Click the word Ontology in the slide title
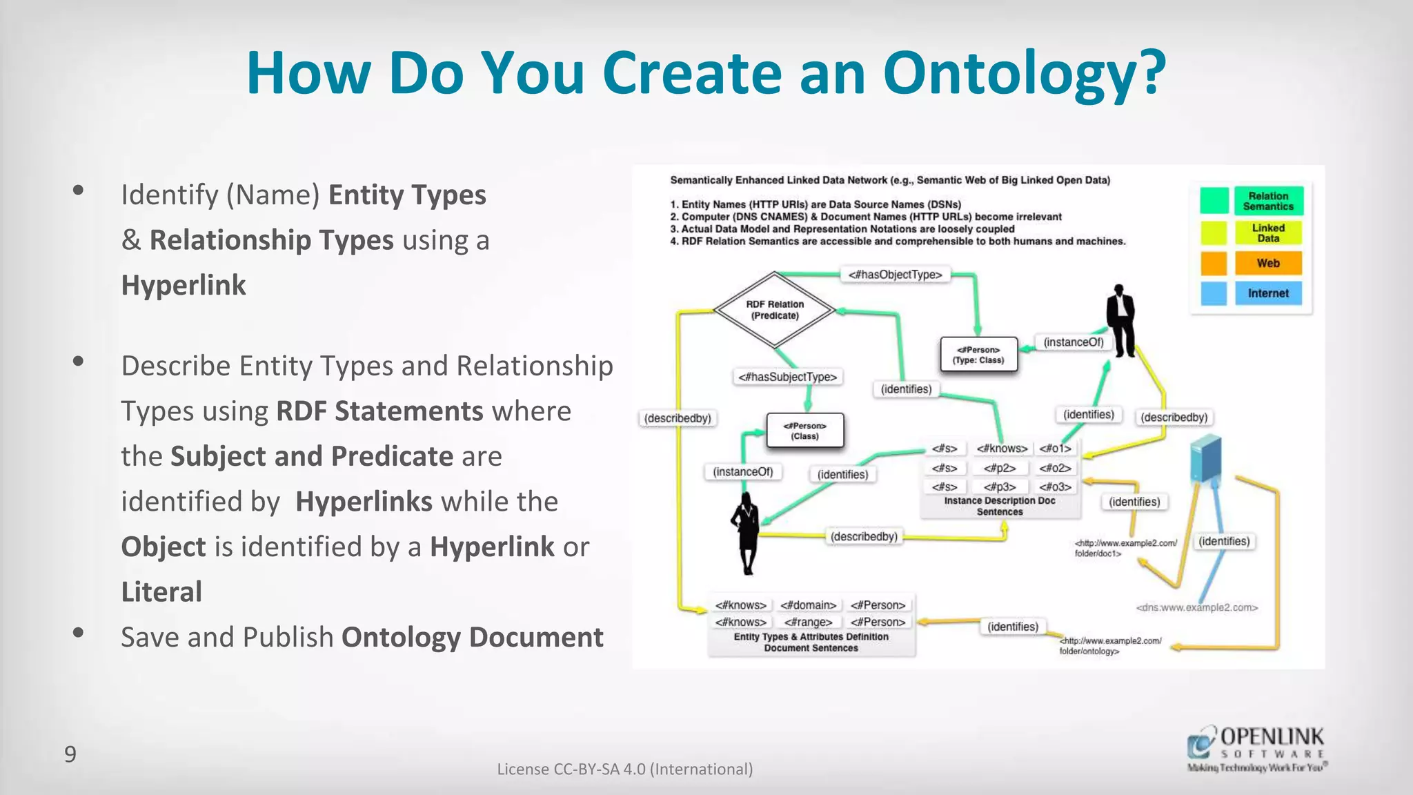coord(1024,74)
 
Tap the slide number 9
coord(70,754)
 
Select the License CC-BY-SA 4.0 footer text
coord(624,769)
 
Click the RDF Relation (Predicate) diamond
coord(775,310)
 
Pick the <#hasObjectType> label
coord(895,275)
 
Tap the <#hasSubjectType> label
coord(787,377)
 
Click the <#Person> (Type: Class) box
coord(978,355)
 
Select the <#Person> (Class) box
coord(804,431)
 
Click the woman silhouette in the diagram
coord(747,533)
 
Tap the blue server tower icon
coord(1206,458)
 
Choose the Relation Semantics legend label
coord(1268,201)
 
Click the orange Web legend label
coord(1268,263)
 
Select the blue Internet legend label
coord(1268,293)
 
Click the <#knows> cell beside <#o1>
coord(1002,449)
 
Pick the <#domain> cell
coord(808,605)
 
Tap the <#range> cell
coord(808,622)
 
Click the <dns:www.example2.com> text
coord(1197,608)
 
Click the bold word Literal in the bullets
coord(161,592)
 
